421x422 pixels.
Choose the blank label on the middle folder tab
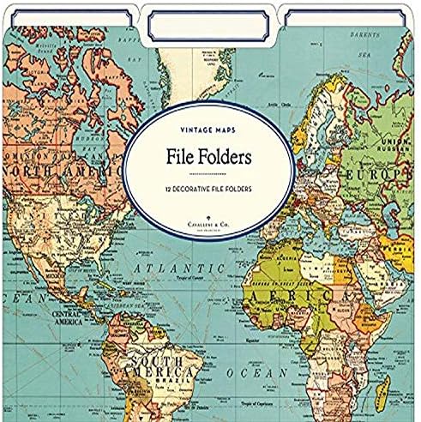point(209,26)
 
